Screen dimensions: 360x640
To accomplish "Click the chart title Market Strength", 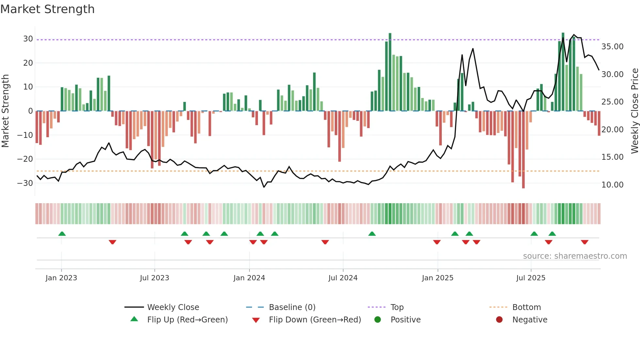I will tap(48, 9).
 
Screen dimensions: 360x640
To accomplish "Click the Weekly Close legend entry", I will tap(173, 307).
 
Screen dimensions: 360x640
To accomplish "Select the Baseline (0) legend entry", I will tap(292, 307).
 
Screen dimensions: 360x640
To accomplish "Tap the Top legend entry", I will tap(397, 307).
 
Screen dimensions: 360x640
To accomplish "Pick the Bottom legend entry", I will tap(526, 307).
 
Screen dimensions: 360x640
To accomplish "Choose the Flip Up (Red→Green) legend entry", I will tap(187, 319).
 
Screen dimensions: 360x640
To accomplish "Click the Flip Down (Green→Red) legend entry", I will tap(315, 319).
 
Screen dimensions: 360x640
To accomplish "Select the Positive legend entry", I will tap(405, 319).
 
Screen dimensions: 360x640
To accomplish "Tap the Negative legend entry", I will tap(529, 319).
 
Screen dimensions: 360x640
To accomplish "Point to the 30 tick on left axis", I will tap(28, 39).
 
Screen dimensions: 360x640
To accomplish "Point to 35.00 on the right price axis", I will tap(612, 47).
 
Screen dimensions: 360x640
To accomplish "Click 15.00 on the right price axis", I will tap(612, 157).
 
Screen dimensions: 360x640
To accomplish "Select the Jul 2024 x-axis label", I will tap(343, 278).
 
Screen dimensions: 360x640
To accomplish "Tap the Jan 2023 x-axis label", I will tap(61, 278).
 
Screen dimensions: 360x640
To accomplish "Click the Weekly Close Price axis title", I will tap(634, 111).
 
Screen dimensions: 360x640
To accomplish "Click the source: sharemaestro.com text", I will tap(575, 256).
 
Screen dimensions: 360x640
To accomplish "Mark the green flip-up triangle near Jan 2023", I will tap(62, 234).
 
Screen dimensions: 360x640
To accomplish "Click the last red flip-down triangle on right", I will tap(584, 242).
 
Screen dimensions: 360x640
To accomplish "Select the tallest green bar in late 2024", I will tap(390, 72).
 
